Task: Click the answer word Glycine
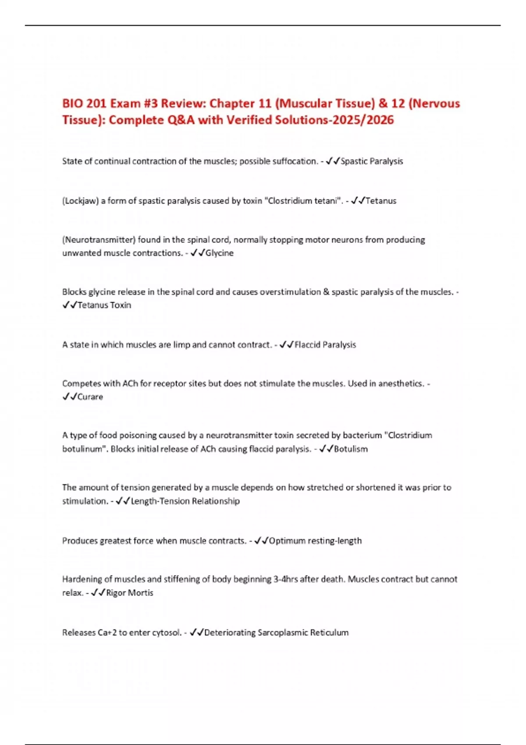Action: pyautogui.click(x=219, y=253)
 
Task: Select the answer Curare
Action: pyautogui.click(x=90, y=397)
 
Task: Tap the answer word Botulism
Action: pyautogui.click(x=351, y=449)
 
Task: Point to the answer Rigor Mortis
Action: pyautogui.click(x=130, y=592)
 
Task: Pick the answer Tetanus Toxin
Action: pyautogui.click(x=104, y=305)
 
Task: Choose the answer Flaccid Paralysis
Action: pyautogui.click(x=325, y=345)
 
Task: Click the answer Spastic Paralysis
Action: pyautogui.click(x=372, y=161)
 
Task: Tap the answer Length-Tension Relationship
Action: pyautogui.click(x=185, y=501)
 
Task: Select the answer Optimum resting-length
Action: pyautogui.click(x=316, y=541)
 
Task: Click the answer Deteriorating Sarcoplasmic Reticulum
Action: pyautogui.click(x=277, y=632)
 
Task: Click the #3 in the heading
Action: pyautogui.click(x=149, y=103)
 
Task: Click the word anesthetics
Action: pyautogui.click(x=401, y=383)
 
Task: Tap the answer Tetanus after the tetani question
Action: pyautogui.click(x=381, y=201)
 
